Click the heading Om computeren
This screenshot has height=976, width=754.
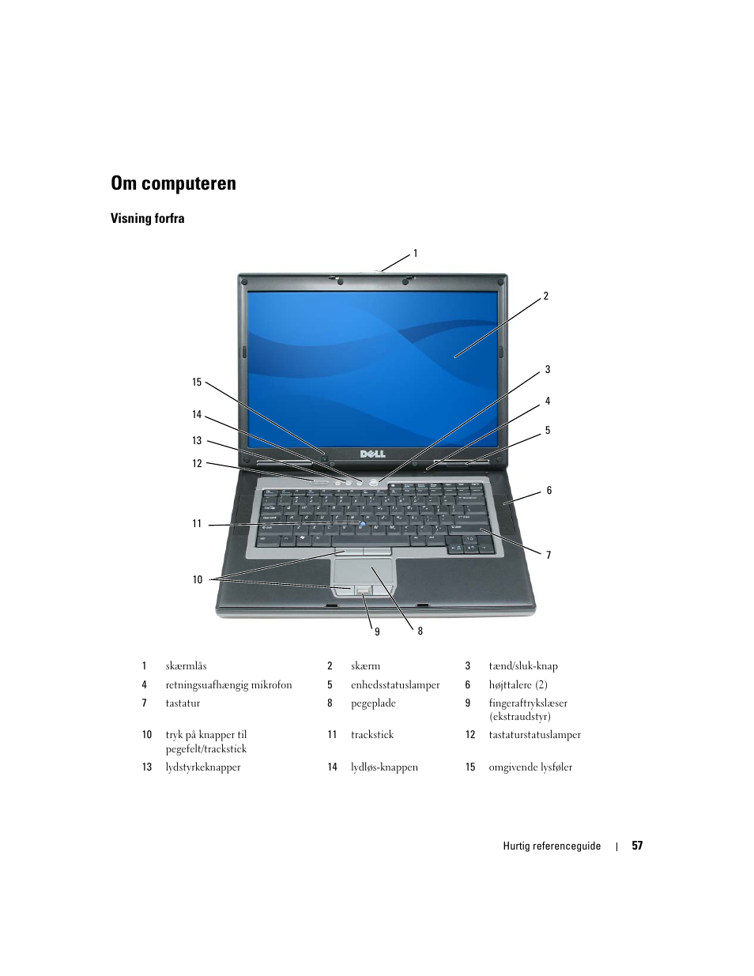173,183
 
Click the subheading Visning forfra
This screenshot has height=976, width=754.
147,219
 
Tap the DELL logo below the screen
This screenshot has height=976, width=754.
373,454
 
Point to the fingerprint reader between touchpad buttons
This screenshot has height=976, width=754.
363,590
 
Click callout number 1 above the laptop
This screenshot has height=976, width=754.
415,254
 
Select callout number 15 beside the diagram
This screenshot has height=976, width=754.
197,382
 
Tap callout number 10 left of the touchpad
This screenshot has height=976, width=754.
198,579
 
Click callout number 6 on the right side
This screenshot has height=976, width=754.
549,491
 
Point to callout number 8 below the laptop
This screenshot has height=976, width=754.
420,631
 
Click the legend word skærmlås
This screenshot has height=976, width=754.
186,666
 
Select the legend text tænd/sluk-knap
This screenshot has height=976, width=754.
522,666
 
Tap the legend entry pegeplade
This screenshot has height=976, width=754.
373,703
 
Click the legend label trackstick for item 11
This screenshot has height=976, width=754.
372,735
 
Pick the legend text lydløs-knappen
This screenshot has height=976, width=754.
384,767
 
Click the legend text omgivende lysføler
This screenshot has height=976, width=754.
530,767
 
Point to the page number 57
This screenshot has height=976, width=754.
637,846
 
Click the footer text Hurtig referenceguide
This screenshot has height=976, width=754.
552,846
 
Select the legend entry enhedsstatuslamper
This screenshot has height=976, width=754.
395,685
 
